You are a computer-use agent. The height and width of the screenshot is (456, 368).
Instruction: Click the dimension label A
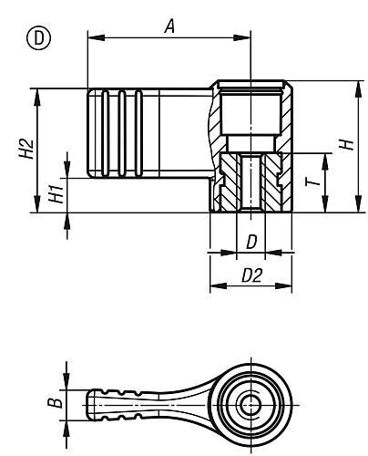[x=169, y=27]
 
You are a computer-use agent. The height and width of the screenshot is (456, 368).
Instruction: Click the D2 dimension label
[x=251, y=276]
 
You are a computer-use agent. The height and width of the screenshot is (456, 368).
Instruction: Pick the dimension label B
[x=52, y=399]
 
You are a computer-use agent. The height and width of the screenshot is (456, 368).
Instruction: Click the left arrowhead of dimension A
[x=92, y=37]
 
